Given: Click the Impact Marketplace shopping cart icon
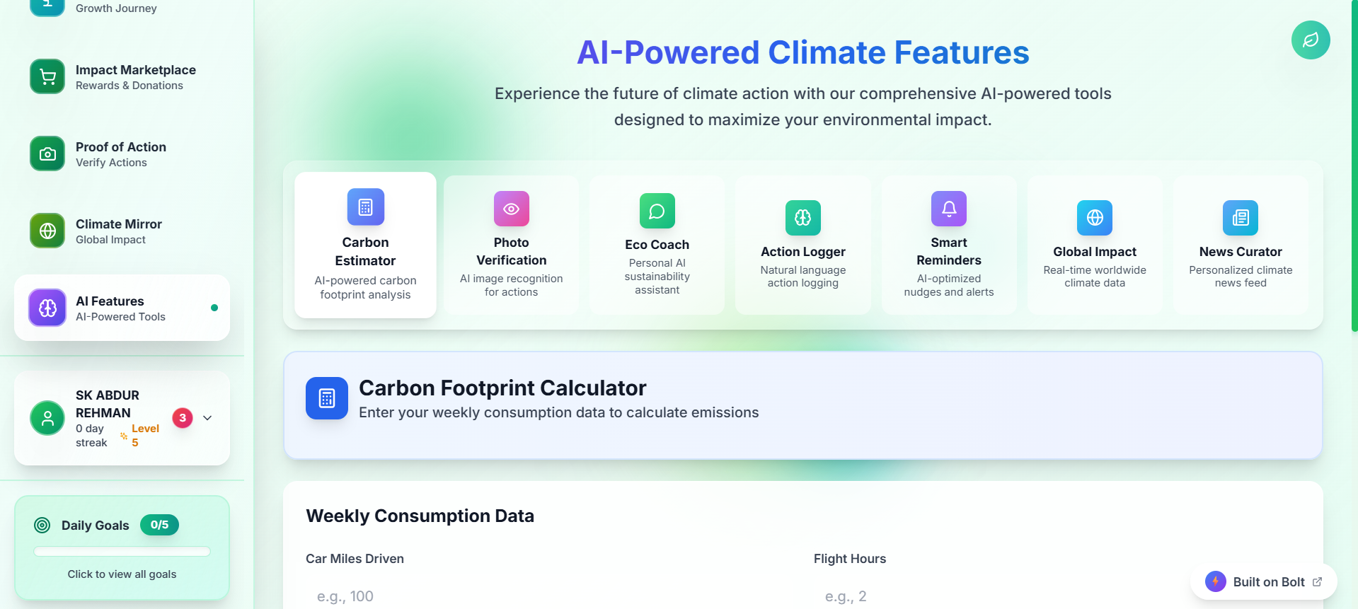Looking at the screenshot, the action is (47, 76).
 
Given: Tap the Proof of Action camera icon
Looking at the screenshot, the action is (47, 153).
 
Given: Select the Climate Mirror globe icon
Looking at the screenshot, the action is (47, 231).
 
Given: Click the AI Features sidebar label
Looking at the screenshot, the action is (110, 301).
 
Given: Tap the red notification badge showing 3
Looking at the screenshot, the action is (183, 418).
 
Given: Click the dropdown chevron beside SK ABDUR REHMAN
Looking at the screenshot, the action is (207, 418).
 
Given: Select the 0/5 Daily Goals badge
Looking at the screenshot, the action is (159, 525).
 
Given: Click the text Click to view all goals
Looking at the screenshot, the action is (122, 574).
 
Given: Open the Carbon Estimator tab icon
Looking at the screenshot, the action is (366, 207).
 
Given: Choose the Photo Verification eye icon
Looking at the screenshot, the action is (512, 209).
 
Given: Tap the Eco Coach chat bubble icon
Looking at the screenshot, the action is (657, 211).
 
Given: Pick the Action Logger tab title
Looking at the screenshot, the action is (803, 252).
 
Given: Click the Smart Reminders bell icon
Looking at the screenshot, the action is (949, 209).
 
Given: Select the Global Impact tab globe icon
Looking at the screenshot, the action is (1095, 218).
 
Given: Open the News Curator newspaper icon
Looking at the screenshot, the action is (1241, 218).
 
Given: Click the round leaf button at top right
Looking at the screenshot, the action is (1311, 40).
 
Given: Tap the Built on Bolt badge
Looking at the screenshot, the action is (1264, 582).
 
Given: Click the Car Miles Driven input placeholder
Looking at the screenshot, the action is (345, 596).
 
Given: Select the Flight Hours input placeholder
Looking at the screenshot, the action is (846, 596).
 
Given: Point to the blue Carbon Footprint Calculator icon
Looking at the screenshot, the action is (327, 398).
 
